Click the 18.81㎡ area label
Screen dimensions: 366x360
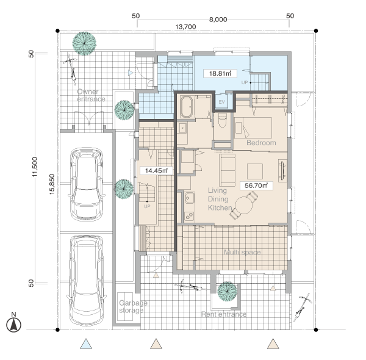[x=220, y=74]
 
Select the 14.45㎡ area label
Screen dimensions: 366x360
[x=156, y=171]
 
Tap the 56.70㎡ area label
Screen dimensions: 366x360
[x=256, y=185]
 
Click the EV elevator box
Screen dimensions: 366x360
[x=222, y=102]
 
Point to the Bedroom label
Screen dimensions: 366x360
[x=261, y=143]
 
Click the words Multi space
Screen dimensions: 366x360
[x=242, y=252]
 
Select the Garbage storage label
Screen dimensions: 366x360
[x=133, y=306]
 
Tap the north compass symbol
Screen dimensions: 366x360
[x=14, y=323]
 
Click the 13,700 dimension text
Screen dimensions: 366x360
[x=186, y=27]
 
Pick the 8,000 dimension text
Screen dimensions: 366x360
[x=218, y=20]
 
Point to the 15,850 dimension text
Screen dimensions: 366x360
[x=52, y=184]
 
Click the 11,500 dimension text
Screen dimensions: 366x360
[x=35, y=167]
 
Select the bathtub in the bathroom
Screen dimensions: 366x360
[x=187, y=107]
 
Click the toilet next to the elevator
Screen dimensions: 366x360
[x=222, y=120]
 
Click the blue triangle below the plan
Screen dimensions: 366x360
[x=86, y=344]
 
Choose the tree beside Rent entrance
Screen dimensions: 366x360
[x=227, y=292]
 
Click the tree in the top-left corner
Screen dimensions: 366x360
[x=84, y=43]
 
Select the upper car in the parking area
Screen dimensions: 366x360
[x=87, y=184]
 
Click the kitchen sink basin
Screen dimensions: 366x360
[x=190, y=198]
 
